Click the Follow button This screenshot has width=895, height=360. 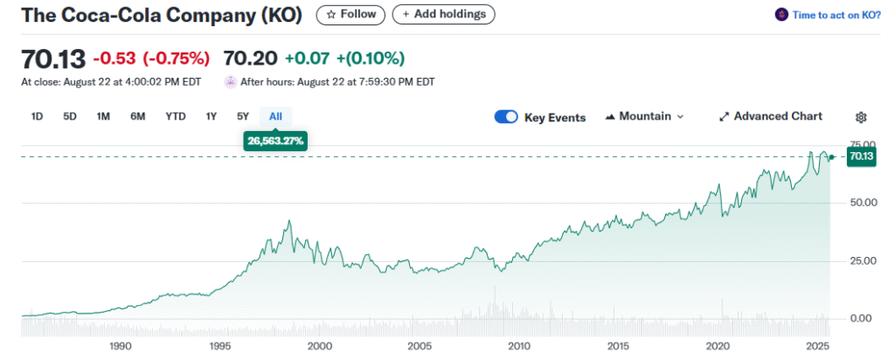coord(350,14)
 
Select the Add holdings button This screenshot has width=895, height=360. coord(444,14)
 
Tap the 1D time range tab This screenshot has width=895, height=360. coord(37,116)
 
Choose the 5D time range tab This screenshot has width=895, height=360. coord(70,116)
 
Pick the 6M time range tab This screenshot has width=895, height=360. coord(137,116)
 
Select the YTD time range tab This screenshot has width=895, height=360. coord(176,116)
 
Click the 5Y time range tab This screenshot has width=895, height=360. coord(243,116)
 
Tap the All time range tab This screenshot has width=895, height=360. coord(275,116)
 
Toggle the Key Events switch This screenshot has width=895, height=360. coord(506,117)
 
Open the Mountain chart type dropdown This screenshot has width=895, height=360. coord(644,116)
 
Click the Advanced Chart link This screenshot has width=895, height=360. coord(770,116)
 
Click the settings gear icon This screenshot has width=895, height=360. coord(861,117)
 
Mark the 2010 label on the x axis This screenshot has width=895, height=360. coord(519,346)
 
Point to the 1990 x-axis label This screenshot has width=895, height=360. coord(121,346)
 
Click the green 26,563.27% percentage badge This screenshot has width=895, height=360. coord(275,140)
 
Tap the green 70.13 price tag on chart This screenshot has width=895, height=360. coord(861,156)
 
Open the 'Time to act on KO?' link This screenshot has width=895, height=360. coord(836,15)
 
